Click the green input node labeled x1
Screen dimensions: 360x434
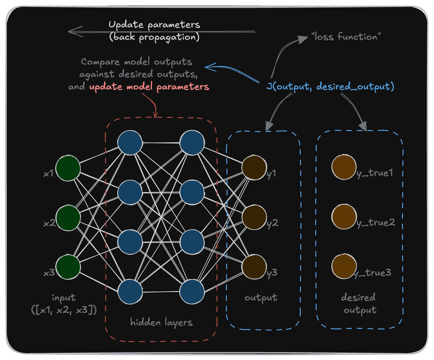tap(68, 168)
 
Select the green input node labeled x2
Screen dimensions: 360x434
tap(68, 218)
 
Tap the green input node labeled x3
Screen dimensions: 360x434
tap(68, 267)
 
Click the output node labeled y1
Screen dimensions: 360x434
tap(254, 168)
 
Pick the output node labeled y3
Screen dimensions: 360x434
tap(254, 267)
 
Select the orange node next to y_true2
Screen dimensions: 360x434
tap(344, 217)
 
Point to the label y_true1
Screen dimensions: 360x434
tap(375, 173)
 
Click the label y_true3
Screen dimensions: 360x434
tap(373, 273)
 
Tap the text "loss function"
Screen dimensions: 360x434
tap(346, 37)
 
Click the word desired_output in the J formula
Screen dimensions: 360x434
tap(355, 87)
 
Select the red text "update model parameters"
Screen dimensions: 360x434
tap(149, 87)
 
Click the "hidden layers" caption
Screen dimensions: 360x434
tap(161, 322)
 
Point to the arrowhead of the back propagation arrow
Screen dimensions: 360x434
tap(70, 31)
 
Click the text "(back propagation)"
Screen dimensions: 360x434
tap(154, 38)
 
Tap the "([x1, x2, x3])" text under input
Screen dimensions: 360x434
tap(64, 310)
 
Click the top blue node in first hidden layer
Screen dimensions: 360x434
tap(130, 143)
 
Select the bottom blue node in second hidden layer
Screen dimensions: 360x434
tap(192, 292)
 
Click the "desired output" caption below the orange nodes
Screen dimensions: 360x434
tap(359, 304)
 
